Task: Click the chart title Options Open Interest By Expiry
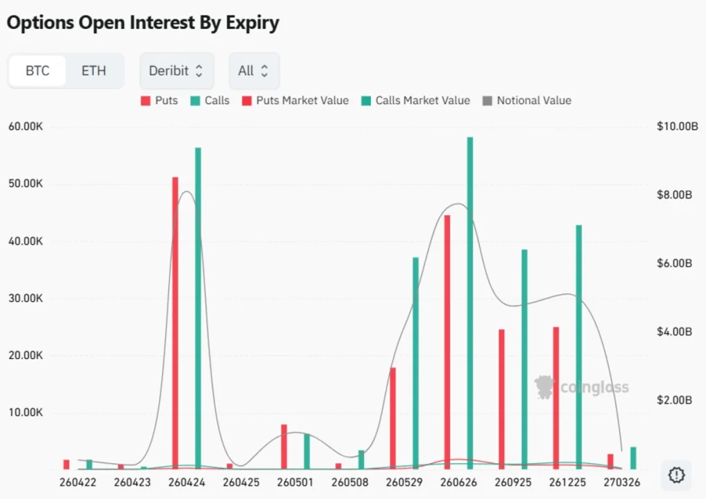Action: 143,22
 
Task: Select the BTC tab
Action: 37,71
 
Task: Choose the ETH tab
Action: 94,71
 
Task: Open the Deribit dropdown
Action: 176,71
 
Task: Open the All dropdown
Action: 254,71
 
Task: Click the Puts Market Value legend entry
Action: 295,101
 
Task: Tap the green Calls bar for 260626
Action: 470,303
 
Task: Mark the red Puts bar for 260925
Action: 501,399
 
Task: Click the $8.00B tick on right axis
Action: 674,195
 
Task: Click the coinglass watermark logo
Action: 581,387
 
